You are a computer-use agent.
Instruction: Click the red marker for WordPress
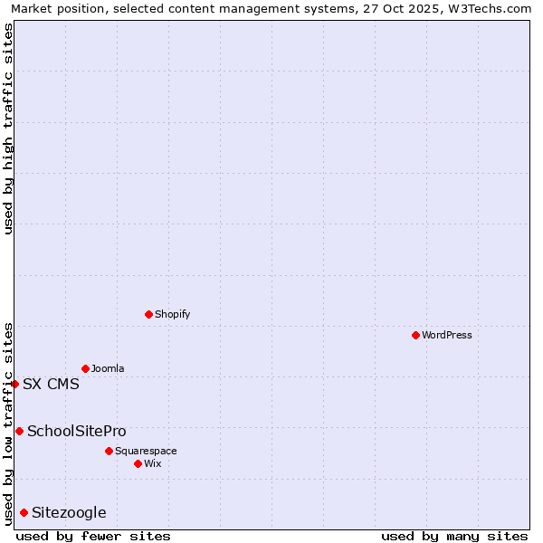click(415, 335)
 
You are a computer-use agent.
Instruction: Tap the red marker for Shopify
click(148, 314)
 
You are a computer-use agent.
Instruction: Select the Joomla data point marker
click(85, 368)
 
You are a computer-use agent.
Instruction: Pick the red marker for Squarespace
click(109, 451)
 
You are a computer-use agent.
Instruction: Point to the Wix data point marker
click(138, 463)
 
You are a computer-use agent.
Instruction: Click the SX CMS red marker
click(14, 384)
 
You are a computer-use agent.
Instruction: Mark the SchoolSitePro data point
click(19, 431)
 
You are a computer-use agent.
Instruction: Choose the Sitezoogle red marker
click(24, 513)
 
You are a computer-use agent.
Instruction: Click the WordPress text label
click(447, 335)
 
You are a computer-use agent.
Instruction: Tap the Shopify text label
click(173, 314)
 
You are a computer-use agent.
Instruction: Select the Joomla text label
click(108, 368)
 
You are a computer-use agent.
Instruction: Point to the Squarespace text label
click(146, 451)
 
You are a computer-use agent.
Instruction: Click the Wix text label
click(153, 463)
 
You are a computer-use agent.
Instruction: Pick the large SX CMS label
click(51, 384)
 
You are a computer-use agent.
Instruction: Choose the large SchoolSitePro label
click(77, 431)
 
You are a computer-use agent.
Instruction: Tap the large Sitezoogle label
click(69, 513)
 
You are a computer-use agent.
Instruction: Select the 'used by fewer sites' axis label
click(93, 536)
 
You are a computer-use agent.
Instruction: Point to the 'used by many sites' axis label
click(454, 536)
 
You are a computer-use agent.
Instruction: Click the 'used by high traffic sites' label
click(8, 129)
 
